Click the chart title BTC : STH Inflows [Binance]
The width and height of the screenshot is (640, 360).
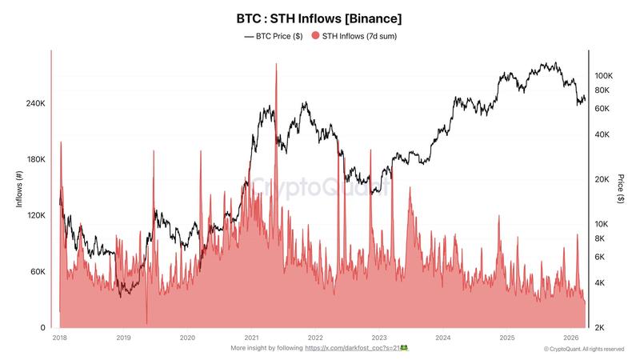coord(319,17)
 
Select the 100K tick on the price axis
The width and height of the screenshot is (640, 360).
coord(603,75)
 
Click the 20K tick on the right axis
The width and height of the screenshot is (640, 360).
coord(602,179)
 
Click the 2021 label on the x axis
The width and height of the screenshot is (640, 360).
coord(251,338)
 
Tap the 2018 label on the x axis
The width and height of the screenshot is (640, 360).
coord(59,338)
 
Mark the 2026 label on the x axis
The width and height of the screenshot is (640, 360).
coord(571,338)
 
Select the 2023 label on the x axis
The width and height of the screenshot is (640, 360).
coord(379,338)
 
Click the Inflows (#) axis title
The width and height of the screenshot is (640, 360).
coord(18,189)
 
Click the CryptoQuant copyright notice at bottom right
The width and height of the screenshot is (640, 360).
coord(584,350)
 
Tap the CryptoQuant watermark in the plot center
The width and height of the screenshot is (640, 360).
coord(320,187)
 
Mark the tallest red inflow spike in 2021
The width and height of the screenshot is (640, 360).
coord(276,66)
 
